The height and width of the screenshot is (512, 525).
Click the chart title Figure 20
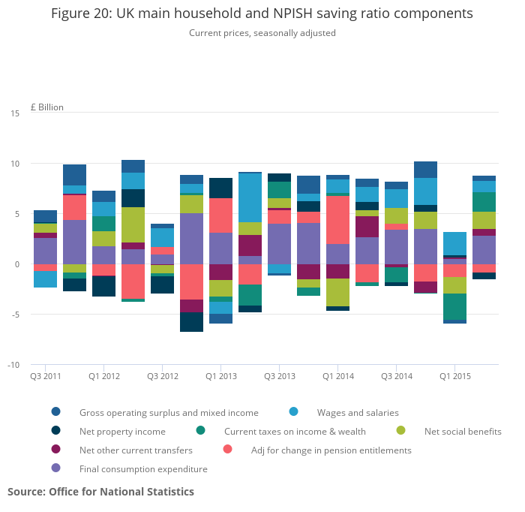click(x=262, y=14)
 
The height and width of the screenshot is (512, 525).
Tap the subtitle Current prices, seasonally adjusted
click(x=262, y=33)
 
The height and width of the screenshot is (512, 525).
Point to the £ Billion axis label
click(x=47, y=107)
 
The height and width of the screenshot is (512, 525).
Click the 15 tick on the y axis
click(x=15, y=113)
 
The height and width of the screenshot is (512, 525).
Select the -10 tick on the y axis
click(x=13, y=365)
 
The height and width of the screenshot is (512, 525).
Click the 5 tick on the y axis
click(x=16, y=214)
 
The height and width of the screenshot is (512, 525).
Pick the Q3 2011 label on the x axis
click(x=46, y=376)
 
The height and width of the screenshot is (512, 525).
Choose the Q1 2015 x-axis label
click(x=455, y=376)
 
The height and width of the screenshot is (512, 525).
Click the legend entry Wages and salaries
click(x=358, y=412)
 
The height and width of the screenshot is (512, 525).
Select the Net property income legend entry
click(x=122, y=432)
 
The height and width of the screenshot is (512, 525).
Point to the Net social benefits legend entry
click(x=463, y=432)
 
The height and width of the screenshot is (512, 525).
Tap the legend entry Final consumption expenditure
click(x=143, y=469)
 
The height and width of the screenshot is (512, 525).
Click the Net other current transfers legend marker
click(x=56, y=450)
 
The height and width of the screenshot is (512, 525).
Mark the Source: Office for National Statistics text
click(x=100, y=492)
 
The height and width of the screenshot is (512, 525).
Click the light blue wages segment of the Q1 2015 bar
click(x=454, y=243)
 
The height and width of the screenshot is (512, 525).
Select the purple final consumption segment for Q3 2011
click(x=46, y=251)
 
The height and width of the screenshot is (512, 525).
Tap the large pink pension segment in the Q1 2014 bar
click(x=337, y=220)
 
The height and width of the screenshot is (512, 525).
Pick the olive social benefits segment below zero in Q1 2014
click(x=337, y=292)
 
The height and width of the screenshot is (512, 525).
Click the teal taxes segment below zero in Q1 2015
click(x=454, y=306)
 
